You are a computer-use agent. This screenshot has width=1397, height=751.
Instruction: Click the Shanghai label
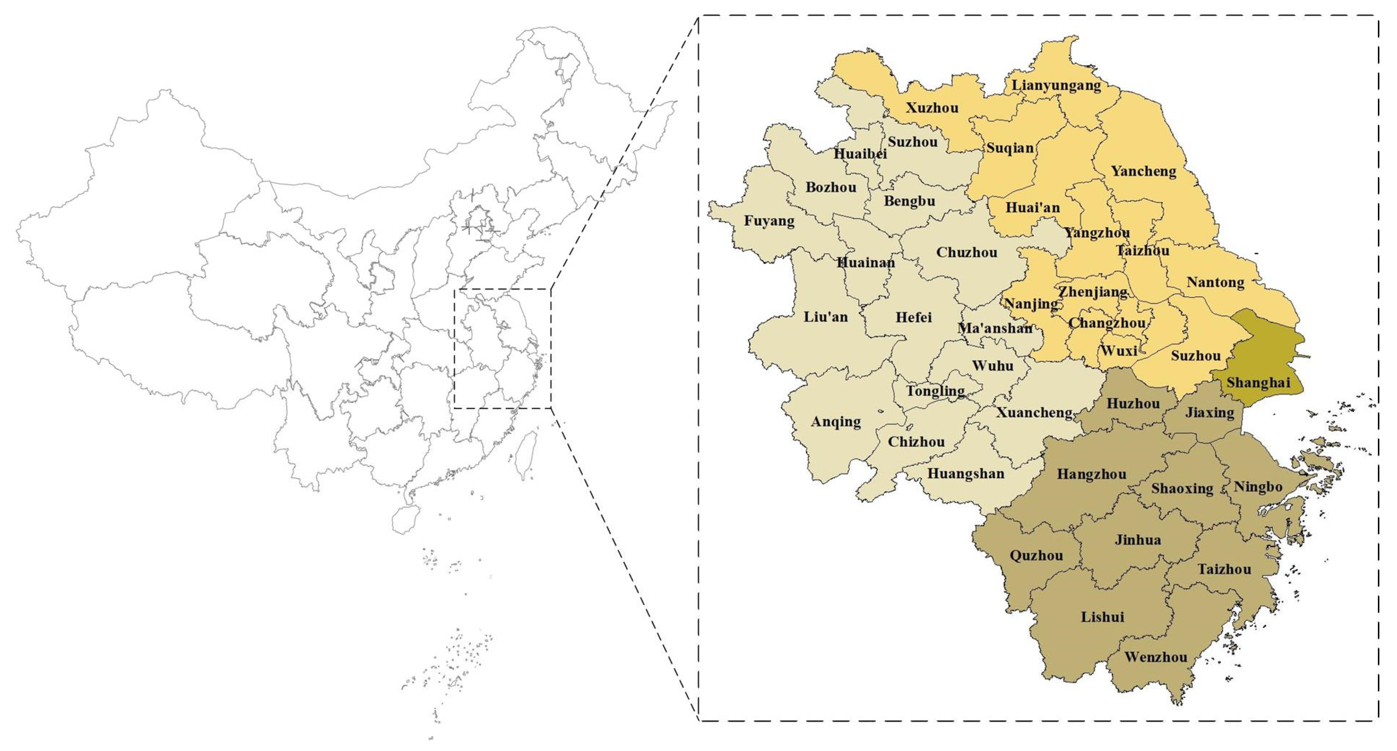1258,383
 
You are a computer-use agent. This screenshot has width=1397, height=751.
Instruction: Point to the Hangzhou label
1091,474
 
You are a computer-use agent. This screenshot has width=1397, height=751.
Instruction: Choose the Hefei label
913,317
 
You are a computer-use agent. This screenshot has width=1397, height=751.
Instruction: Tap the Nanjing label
1031,304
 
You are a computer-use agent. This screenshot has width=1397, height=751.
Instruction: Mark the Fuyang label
769,221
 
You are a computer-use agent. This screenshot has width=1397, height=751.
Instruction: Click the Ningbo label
1258,487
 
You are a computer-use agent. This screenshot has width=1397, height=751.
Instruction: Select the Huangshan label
965,474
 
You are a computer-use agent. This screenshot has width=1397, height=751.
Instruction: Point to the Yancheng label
1143,171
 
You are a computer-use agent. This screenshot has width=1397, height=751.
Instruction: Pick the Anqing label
836,422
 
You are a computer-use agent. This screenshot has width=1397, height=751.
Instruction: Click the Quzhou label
1036,556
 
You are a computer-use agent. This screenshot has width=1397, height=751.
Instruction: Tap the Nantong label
1215,282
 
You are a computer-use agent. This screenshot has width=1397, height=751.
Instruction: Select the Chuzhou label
966,252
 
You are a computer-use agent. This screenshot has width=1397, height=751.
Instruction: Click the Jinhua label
1138,540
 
